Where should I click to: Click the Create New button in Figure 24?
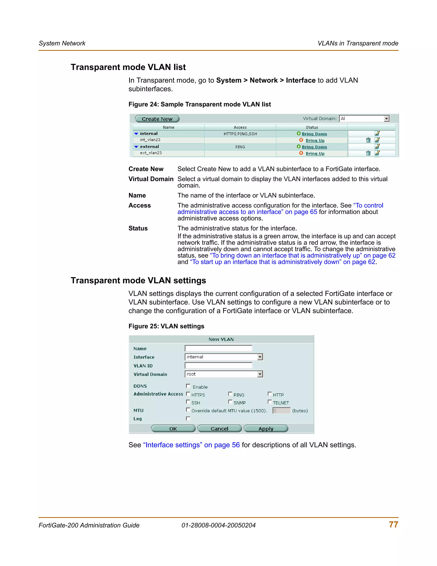[157, 119]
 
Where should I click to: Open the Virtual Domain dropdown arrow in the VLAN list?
[386, 119]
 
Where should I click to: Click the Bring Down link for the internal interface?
[314, 134]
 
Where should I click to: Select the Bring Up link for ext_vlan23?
[315, 153]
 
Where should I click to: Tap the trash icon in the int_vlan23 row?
[368, 140]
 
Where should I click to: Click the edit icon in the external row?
[377, 147]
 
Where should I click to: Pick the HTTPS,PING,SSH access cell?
[240, 134]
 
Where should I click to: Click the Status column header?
[312, 127]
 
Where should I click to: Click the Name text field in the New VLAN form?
[218, 348]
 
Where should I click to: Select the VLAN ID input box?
[218, 365]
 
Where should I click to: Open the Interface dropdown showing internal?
[260, 357]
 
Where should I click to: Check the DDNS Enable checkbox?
[188, 386]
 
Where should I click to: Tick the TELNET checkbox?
[269, 402]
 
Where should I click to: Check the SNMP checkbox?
[230, 402]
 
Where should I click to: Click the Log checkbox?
[188, 419]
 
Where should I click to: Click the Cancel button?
[219, 429]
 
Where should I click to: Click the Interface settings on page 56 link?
[191, 445]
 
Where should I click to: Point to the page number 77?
[393, 525]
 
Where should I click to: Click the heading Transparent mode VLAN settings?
[138, 280]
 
